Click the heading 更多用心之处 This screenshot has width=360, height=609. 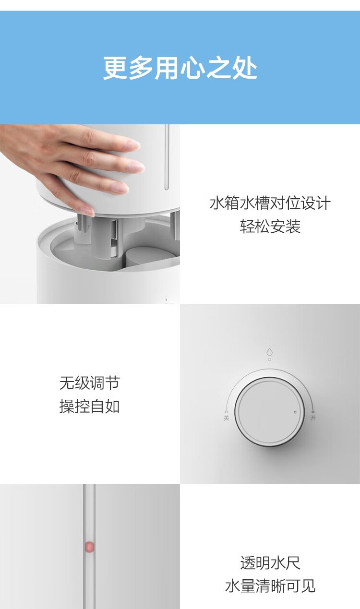[180, 68]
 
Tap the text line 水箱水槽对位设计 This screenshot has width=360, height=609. [270, 203]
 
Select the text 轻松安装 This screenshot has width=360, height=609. [270, 227]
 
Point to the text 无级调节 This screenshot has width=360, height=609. [89, 383]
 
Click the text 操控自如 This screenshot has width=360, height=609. [89, 406]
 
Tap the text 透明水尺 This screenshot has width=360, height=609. [270, 563]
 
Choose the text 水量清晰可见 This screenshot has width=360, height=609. [270, 586]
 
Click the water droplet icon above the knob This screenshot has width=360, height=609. [269, 352]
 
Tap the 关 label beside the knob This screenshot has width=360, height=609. [227, 418]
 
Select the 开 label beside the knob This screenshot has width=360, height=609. [313, 418]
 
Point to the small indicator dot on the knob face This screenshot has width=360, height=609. [296, 412]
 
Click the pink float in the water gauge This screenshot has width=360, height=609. [89, 547]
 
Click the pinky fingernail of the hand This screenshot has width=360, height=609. [86, 210]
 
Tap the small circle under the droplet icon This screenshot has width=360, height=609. [269, 359]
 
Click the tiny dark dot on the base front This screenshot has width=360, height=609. [166, 299]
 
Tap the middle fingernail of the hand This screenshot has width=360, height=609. [136, 166]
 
